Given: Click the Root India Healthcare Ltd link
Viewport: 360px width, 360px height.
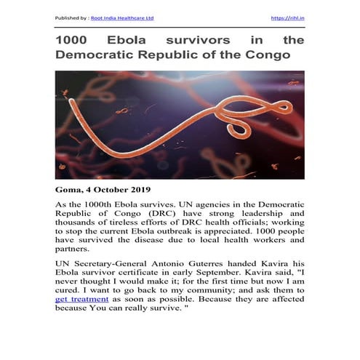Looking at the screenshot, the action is coord(119,17).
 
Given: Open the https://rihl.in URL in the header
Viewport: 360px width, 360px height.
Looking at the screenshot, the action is coord(287,17).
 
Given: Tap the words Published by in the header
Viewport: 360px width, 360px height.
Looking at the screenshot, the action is coord(73,17).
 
